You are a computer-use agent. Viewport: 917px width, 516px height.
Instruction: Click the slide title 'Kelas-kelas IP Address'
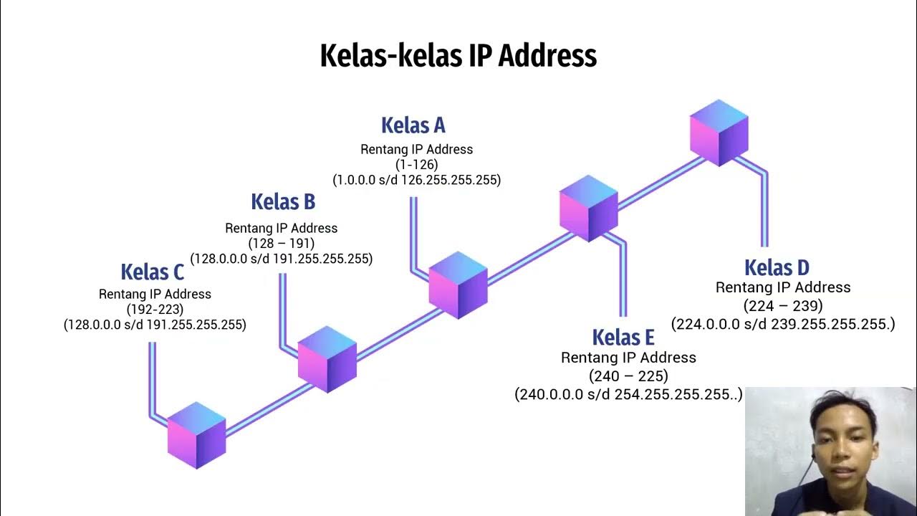[458, 56]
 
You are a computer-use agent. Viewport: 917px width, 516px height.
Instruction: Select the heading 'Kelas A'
[413, 125]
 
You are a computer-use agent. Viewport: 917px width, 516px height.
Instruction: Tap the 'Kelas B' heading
[283, 202]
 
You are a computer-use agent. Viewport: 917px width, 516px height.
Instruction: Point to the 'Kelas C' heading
[153, 272]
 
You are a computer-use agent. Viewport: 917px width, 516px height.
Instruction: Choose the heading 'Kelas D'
[777, 268]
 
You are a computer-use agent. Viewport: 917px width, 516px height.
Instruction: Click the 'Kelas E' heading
[623, 338]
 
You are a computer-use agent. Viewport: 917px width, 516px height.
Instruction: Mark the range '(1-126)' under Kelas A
[416, 165]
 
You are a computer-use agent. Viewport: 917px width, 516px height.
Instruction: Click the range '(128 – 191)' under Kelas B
[281, 244]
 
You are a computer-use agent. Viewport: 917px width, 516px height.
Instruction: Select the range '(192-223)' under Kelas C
[155, 310]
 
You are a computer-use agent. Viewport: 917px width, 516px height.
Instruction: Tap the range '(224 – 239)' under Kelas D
[783, 306]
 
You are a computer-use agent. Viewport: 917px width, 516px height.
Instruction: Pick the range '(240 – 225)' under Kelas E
[628, 376]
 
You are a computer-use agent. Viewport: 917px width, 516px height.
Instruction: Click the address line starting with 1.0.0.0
[416, 181]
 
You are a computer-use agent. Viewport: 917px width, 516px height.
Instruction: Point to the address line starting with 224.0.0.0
[783, 325]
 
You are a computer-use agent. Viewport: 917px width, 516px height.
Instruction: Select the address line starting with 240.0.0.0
[628, 395]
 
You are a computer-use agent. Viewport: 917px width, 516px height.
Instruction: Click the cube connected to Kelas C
[196, 435]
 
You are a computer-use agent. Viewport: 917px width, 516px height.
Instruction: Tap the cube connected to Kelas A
[458, 285]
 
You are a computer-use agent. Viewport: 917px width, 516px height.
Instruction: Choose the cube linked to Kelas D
[719, 133]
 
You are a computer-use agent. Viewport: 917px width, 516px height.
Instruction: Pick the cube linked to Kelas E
[588, 209]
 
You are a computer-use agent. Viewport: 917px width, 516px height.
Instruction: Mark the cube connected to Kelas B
[327, 359]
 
